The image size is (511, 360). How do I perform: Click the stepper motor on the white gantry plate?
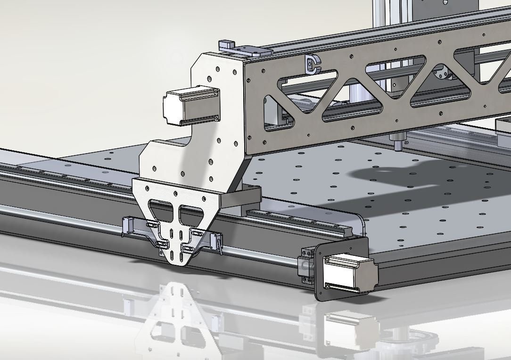(191, 106)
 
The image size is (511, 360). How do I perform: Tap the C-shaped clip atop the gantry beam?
(312, 64)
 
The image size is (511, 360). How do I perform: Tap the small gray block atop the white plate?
(228, 46)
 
